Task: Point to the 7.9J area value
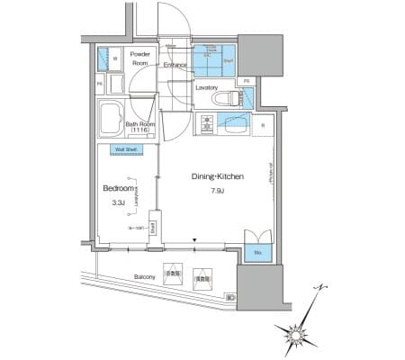pos(217,192)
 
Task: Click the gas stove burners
pos(206,125)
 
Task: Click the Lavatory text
pos(206,87)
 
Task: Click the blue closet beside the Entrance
pos(213,58)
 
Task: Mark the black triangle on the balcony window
pos(196,240)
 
